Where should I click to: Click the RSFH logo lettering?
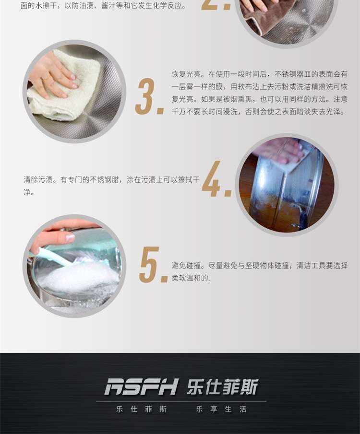141,387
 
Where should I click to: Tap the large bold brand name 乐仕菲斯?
223,387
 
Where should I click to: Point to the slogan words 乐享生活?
221,409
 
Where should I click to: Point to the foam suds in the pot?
79,278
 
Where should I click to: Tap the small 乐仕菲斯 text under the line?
141,409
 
